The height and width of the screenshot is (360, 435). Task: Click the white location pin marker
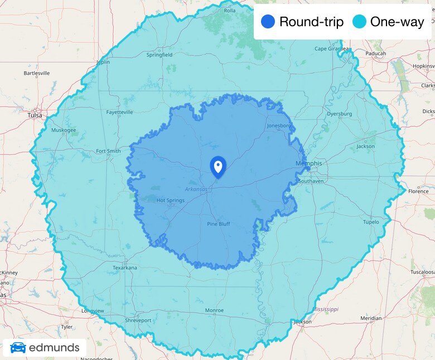217,167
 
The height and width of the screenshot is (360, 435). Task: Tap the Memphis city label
308,163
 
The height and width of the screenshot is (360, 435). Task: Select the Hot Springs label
170,201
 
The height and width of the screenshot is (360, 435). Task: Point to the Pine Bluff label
218,224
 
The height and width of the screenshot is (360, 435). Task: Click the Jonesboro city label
279,125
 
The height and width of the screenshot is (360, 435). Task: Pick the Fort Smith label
108,151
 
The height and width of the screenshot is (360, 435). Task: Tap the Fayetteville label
120,112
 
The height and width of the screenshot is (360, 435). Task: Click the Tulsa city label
35,115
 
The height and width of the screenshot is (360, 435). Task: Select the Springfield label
159,55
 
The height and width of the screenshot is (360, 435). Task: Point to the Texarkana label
124,267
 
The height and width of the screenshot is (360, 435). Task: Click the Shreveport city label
138,320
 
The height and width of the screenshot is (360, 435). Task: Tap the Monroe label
214,310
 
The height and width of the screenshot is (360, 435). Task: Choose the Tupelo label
371,222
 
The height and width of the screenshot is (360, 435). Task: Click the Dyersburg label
340,114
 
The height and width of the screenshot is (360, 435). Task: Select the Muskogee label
64,130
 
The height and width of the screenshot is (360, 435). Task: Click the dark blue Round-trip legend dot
268,22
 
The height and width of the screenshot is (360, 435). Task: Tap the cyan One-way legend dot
359,22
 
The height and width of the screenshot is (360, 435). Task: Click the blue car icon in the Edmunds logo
18,348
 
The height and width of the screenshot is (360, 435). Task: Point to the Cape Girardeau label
333,48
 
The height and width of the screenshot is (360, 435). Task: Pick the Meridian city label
371,318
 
